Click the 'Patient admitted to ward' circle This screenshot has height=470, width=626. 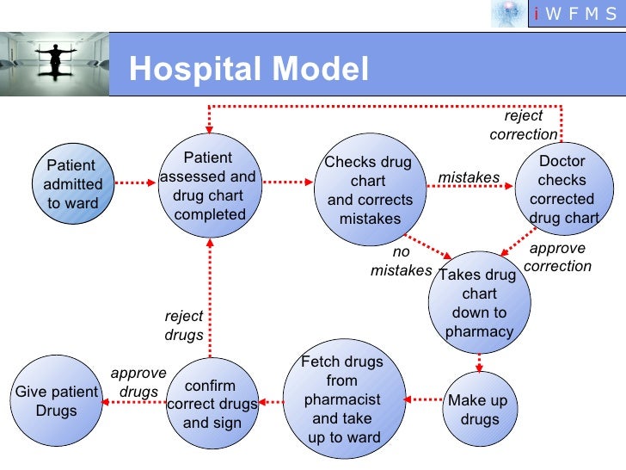72,184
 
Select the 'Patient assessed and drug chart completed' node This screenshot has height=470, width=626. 209,185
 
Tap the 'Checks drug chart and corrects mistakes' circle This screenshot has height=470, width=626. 369,191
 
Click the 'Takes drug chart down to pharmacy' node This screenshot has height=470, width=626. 479,303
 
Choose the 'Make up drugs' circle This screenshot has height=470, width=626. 479,410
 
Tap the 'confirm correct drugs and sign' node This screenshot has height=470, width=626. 212,404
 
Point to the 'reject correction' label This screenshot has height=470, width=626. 523,125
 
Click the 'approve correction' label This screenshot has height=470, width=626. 557,257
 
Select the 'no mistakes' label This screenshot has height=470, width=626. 401,262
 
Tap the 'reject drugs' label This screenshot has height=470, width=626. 184,325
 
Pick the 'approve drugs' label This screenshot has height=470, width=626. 138,382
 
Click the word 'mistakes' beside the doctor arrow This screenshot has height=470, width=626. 469,177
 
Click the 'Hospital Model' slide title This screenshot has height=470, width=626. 249,70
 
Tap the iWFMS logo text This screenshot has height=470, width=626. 574,14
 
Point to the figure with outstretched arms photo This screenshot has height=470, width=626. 55,64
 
